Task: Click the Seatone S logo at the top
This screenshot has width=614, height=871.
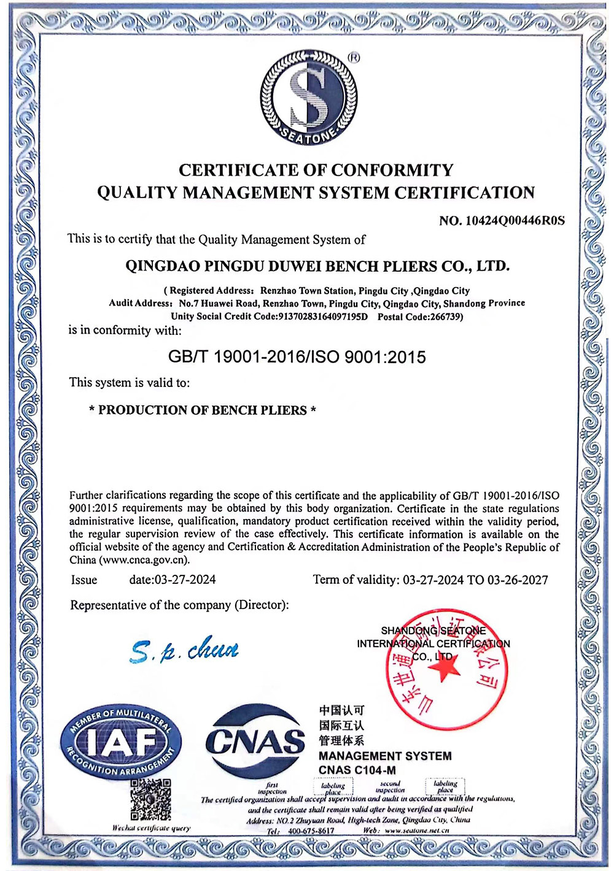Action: tap(308, 98)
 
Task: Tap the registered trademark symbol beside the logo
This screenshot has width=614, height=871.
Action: tap(354, 58)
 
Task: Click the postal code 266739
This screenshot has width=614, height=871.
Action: tap(441, 317)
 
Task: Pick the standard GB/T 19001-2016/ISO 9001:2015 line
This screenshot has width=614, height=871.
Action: tap(297, 357)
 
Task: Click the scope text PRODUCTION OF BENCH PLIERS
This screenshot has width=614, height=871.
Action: tap(202, 410)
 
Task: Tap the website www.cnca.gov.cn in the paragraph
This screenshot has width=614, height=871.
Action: tap(143, 559)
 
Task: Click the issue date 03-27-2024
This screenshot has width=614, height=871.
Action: tap(185, 580)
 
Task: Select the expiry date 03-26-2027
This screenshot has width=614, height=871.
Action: tap(518, 580)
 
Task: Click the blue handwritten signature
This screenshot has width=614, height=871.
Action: tap(184, 650)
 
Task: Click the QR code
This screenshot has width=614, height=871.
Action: tap(150, 799)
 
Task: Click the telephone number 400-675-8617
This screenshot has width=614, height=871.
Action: tap(311, 831)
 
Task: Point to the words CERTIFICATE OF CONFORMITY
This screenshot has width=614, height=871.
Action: tap(316, 170)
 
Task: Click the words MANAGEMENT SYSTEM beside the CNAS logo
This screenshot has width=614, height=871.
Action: tap(385, 756)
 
